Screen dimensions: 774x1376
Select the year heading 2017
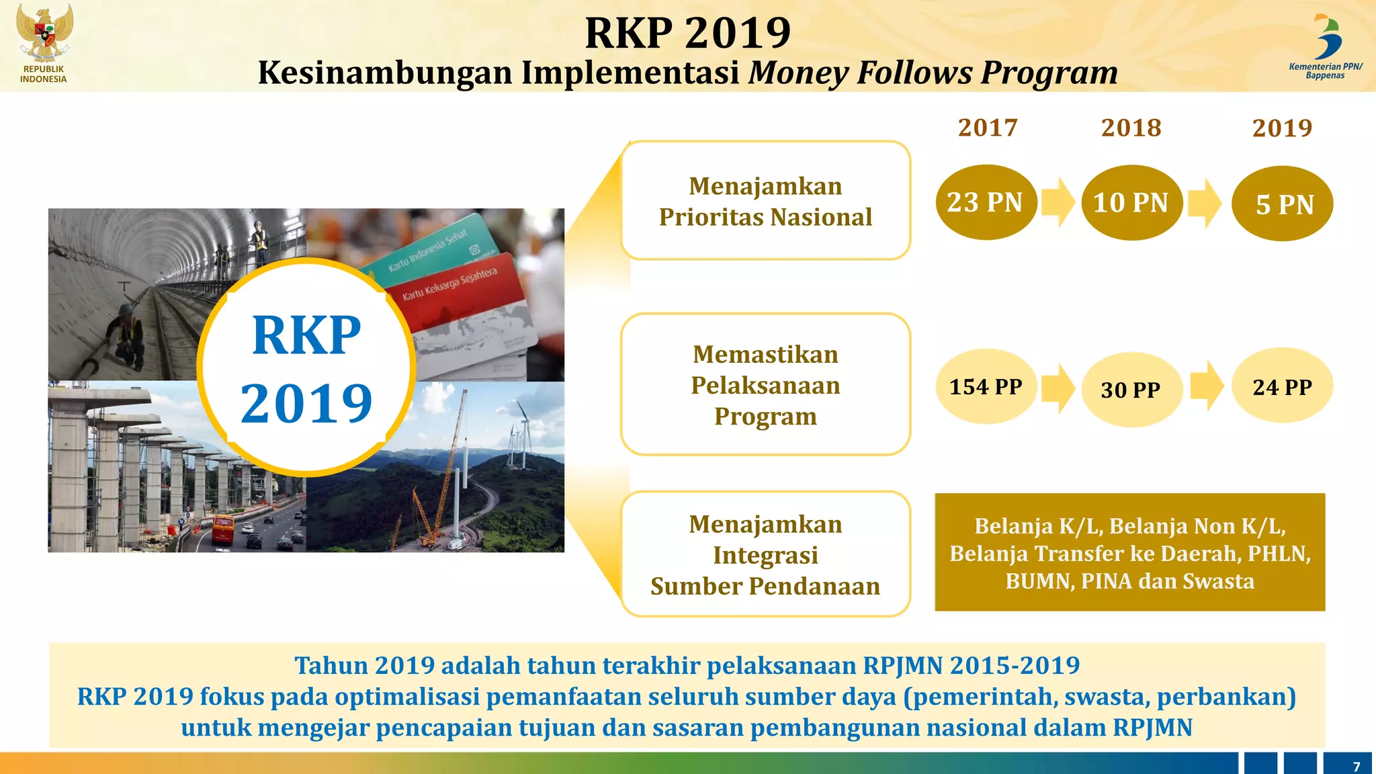[988, 128]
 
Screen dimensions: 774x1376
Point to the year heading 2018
[1131, 128]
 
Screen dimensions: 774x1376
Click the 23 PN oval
[986, 202]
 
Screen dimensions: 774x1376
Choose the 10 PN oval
[1131, 203]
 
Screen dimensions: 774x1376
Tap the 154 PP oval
[986, 386]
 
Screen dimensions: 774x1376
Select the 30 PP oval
[1131, 390]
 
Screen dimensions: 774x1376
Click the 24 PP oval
[1282, 386]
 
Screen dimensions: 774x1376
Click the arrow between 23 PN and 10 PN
[1059, 202]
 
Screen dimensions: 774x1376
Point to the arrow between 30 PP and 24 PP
[1207, 386]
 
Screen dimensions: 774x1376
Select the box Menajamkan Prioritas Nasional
[765, 201]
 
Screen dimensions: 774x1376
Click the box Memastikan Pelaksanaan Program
[765, 384]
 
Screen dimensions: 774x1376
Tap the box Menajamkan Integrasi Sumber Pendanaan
[765, 554]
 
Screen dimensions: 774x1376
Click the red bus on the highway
[223, 529]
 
